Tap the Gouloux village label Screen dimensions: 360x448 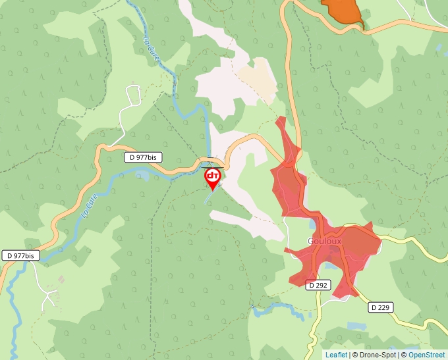(x=324, y=242)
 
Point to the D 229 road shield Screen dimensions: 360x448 (x=381, y=307)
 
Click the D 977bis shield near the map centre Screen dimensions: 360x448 (x=143, y=157)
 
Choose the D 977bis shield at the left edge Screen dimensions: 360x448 (x=20, y=255)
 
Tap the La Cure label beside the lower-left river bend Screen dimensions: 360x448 (x=88, y=205)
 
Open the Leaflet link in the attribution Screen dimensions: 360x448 (x=336, y=355)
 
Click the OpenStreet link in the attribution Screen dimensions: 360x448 (x=427, y=355)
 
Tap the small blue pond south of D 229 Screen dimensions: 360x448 (x=352, y=325)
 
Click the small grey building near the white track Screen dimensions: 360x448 (x=61, y=280)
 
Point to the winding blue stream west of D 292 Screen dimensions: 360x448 (x=280, y=309)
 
